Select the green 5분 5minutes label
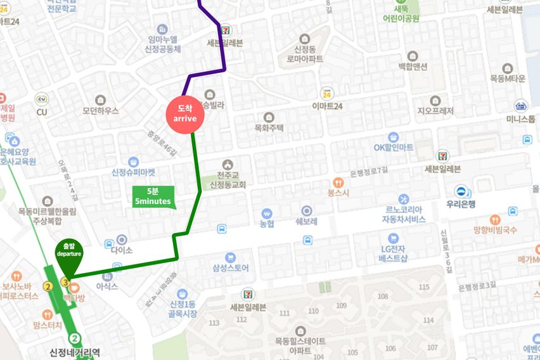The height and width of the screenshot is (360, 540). click(152, 196)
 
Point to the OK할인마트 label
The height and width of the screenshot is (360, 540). click(393, 147)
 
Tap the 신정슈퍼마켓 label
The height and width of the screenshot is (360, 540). click(133, 172)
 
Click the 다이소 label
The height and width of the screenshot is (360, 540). click(121, 250)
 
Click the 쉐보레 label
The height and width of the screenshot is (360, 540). click(306, 221)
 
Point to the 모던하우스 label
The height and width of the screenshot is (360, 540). click(100, 110)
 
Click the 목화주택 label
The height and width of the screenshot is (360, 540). click(269, 127)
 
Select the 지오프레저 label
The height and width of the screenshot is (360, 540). click(435, 111)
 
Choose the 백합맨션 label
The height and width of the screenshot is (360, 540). click(413, 67)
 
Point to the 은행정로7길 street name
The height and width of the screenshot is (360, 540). click(368, 172)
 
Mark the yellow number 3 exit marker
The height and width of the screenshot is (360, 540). click(65, 281)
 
